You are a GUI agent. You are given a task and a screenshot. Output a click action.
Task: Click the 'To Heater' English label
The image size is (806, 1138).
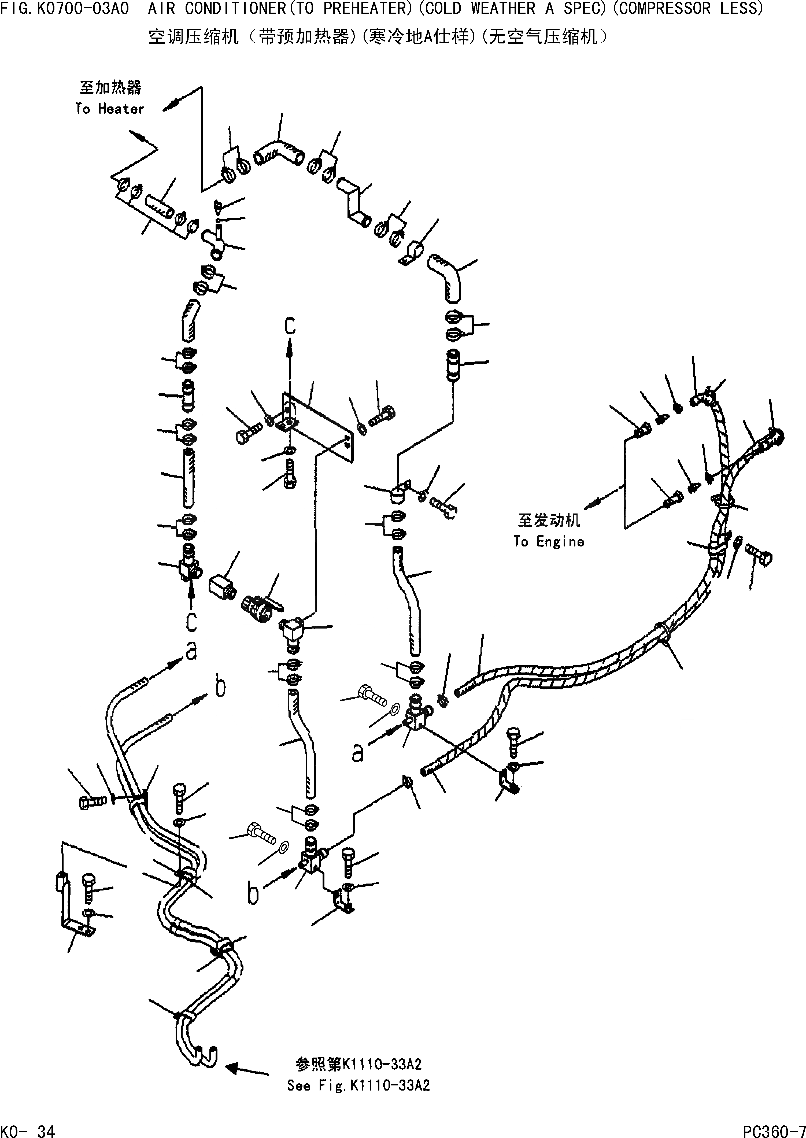pyautogui.click(x=110, y=109)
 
